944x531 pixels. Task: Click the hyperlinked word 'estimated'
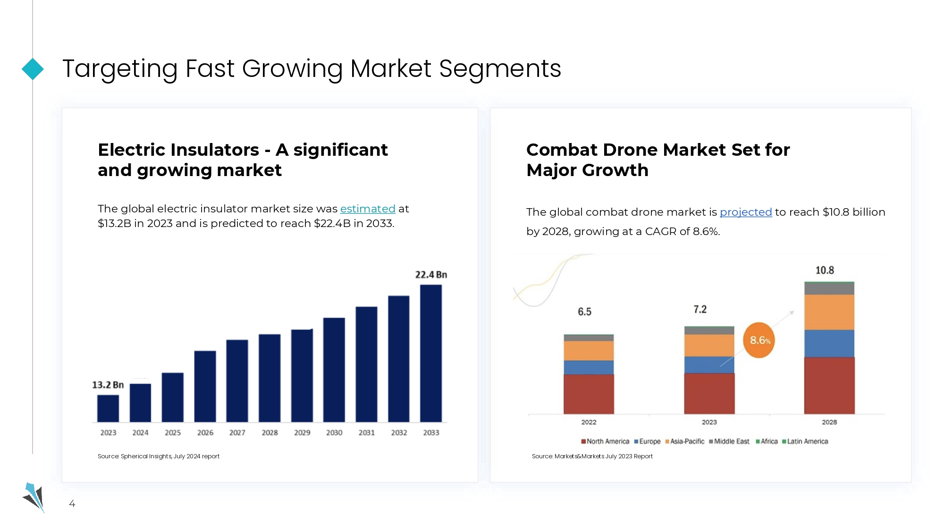coord(368,209)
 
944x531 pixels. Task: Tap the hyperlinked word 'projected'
coord(746,212)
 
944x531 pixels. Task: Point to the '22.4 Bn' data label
coord(431,275)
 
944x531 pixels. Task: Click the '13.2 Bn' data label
coord(108,385)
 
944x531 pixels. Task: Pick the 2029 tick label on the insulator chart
coord(302,432)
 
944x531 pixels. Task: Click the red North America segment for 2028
coord(829,385)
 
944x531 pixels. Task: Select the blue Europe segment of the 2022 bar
coord(589,367)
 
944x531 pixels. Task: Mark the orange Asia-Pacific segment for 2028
coord(829,312)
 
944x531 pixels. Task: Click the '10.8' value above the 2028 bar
coord(825,270)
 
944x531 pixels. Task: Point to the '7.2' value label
coord(700,309)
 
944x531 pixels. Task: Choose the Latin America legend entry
coord(805,441)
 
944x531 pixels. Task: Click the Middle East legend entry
coord(729,441)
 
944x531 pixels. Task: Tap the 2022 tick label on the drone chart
coord(589,422)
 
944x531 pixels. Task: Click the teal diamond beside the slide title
coord(33,69)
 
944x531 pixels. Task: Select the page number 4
coord(72,504)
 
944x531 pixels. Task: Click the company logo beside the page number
coord(34,497)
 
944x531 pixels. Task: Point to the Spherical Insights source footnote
coord(159,456)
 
